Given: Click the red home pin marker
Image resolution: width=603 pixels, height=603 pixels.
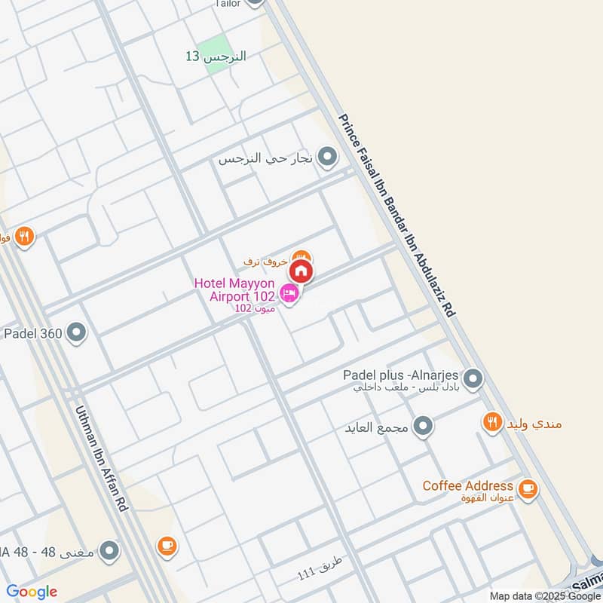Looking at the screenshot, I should [x=301, y=271].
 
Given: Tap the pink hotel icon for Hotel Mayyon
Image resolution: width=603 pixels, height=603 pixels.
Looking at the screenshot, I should [x=288, y=292].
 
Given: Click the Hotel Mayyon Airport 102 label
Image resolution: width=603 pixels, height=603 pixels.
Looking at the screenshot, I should [x=234, y=289].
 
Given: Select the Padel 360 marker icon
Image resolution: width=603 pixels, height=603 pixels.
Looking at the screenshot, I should [x=76, y=332].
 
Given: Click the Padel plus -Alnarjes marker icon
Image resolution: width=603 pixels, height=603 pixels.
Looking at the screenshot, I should [x=473, y=378].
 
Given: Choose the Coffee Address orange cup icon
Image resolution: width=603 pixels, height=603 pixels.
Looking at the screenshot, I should [x=528, y=488].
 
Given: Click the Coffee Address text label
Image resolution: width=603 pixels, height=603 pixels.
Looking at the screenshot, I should [x=467, y=486].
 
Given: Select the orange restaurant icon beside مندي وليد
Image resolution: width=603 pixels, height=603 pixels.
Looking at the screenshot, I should [x=492, y=423].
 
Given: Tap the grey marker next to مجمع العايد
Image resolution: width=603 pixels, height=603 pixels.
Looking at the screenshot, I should [x=424, y=427].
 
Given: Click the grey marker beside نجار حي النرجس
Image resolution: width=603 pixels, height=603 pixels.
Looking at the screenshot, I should [x=327, y=158].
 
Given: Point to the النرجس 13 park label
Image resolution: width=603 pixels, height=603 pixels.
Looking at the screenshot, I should [x=216, y=57].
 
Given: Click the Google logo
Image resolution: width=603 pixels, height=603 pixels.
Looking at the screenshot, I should [x=32, y=592].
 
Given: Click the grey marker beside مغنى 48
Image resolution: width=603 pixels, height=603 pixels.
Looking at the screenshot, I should [x=110, y=551].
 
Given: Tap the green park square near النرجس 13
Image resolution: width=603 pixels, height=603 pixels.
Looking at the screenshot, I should [x=216, y=45].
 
